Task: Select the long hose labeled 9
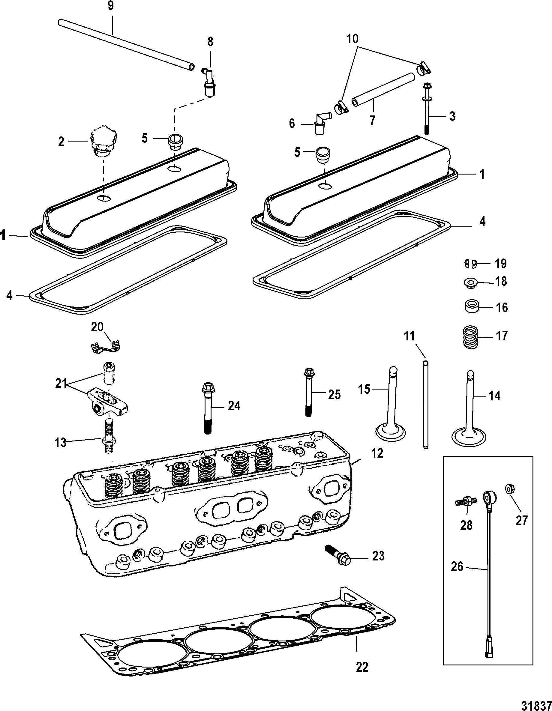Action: (x=126, y=44)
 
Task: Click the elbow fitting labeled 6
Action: (x=322, y=122)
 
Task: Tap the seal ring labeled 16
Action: (x=471, y=307)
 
